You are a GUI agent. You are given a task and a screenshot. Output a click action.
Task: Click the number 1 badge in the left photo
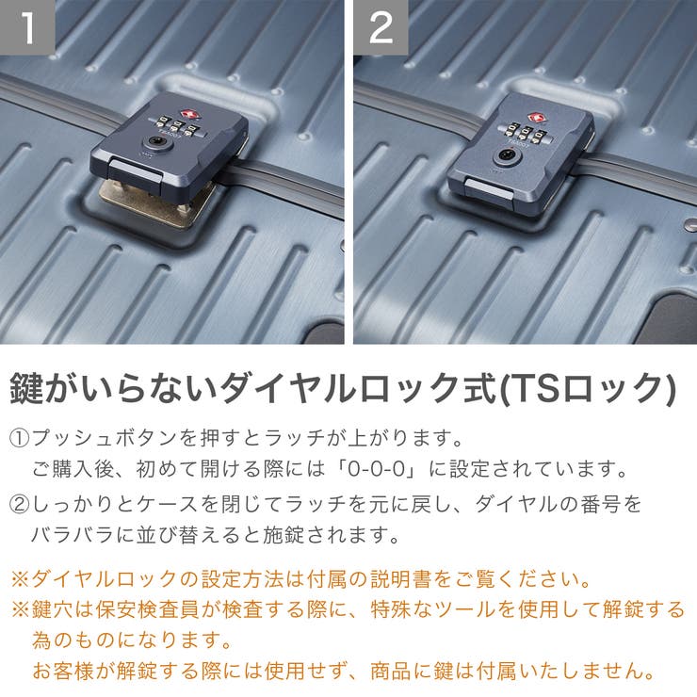(27, 27)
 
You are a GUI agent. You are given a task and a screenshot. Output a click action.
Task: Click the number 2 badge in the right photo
(381, 27)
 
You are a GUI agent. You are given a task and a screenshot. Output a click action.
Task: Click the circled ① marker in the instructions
(20, 438)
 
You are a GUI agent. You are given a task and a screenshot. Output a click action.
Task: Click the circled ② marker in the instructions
(20, 504)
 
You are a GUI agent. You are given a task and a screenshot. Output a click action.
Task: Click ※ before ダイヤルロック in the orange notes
(19, 576)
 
